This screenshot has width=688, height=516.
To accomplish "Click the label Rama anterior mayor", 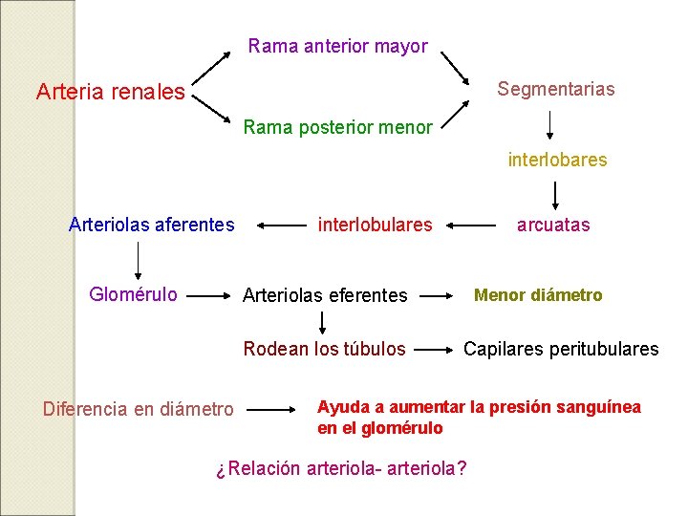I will [337, 46].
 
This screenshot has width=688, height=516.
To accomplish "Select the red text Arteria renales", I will [110, 92].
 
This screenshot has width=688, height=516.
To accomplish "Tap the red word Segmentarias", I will [556, 89].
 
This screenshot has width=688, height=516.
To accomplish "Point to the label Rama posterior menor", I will [337, 127].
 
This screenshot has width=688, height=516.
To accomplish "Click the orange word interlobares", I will [557, 160].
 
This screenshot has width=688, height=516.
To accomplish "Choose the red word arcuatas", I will [553, 226].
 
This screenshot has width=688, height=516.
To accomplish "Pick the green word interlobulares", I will [375, 226].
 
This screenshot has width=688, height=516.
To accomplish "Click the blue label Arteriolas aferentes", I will [151, 226].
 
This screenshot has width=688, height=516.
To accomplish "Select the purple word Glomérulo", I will [133, 294].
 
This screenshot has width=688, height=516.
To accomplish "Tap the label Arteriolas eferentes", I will [325, 296].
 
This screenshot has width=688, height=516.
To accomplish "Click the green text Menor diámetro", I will [538, 295].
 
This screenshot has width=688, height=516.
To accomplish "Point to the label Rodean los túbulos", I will [324, 349].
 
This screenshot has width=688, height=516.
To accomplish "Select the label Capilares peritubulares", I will [561, 349].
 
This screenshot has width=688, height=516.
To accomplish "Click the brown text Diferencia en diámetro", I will [138, 409].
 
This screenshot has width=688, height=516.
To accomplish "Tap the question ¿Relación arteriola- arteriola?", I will [341, 469].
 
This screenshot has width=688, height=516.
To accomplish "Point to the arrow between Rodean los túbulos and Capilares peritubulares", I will [437, 350].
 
